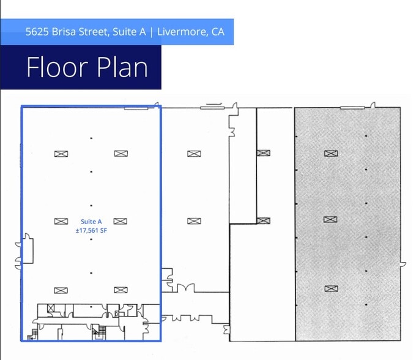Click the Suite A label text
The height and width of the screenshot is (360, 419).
point(91,222)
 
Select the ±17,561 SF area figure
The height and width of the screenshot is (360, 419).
point(91,230)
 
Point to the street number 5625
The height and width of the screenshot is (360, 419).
point(38,32)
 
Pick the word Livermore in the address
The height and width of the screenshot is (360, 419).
point(181,32)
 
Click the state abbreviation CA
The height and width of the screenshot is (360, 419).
point(218,32)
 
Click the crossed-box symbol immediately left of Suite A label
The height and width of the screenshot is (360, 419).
point(61,221)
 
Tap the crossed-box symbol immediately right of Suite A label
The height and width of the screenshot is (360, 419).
point(120,221)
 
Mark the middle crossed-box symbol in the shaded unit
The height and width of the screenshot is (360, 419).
point(330,219)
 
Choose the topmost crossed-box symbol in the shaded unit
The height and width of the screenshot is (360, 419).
point(330,153)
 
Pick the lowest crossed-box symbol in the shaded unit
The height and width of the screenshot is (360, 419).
point(330,288)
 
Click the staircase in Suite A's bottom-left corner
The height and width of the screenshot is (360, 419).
point(28,334)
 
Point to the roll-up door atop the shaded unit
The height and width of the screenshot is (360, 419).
point(355,108)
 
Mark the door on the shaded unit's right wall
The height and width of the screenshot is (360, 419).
point(402,264)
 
